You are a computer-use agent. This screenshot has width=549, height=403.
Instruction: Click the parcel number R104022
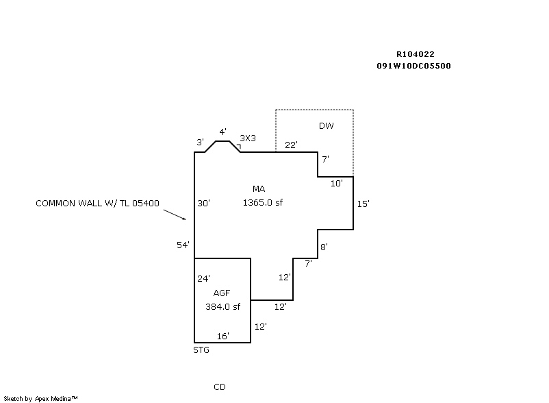tap(415, 53)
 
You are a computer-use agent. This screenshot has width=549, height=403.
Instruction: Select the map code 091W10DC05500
tap(413, 66)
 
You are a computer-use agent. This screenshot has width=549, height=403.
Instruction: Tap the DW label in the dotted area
tap(326, 125)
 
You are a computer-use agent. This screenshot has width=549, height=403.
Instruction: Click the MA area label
tap(258, 188)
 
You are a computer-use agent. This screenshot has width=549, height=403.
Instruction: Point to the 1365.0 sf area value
tap(262, 202)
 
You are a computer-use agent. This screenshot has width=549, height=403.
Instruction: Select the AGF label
tap(221, 293)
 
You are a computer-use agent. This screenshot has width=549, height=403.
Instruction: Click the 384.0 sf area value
tap(222, 306)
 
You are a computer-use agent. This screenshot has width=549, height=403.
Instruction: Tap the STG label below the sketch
tap(201, 350)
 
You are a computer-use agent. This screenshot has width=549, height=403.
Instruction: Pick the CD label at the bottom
tap(219, 387)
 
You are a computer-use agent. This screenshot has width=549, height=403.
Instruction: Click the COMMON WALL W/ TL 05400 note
tap(97, 203)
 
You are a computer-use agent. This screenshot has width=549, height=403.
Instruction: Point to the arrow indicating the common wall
tap(176, 214)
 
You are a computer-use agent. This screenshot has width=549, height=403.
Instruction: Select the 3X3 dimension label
tap(247, 138)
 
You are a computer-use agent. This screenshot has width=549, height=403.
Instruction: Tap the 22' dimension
tap(291, 145)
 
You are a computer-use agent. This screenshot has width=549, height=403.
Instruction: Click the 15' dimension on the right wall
tap(363, 204)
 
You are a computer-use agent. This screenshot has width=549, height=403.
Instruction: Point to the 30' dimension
tap(203, 203)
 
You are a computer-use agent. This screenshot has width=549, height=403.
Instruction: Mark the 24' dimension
tap(203, 278)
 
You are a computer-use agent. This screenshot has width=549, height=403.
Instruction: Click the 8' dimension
tap(324, 247)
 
